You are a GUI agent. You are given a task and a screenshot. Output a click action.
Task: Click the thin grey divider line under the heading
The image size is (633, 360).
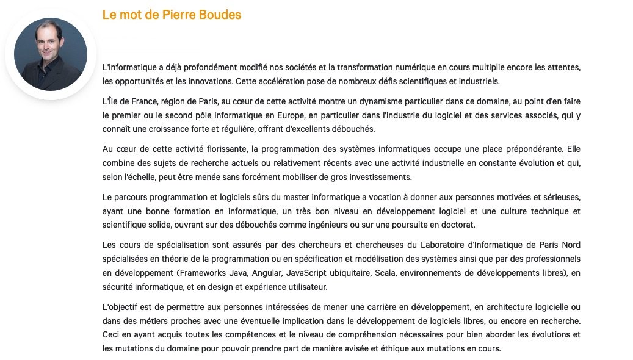pyautogui.click(x=151, y=48)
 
